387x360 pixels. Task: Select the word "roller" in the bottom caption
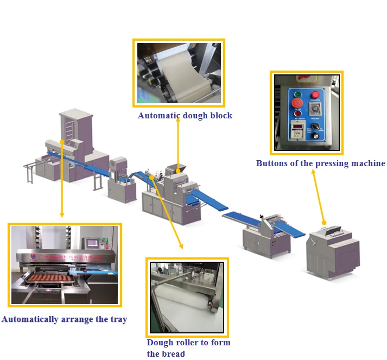(x=187, y=343)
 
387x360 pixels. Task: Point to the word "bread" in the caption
(x=174, y=354)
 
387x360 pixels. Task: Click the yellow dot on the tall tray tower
(x=63, y=142)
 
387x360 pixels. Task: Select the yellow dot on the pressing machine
(x=324, y=223)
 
